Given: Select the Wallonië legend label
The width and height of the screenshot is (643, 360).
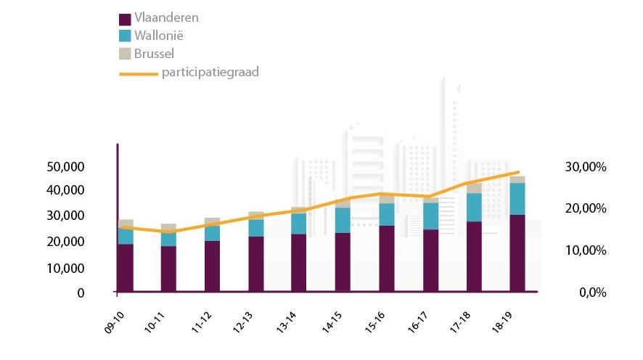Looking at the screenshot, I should coord(157,35).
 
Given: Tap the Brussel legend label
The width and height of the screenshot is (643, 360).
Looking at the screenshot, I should coord(154,53).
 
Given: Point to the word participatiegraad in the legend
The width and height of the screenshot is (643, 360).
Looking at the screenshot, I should coord(210,72).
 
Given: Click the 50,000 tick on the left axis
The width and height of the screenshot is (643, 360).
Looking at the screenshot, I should coord(66,167).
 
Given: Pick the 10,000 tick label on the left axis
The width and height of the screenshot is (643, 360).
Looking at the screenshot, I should coord(66,268).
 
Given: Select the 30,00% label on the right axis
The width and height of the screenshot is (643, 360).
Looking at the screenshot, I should coord(586,167).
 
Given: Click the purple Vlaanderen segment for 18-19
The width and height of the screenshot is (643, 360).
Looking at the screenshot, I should coord(517,253).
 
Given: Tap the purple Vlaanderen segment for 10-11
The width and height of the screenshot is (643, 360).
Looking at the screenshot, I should coord(168,269).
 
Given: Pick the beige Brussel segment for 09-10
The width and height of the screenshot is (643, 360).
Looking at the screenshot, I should coord(126,224).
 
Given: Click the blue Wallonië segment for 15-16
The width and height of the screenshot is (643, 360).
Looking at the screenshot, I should coord(387,214).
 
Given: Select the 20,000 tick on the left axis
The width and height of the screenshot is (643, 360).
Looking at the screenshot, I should coord(66,241).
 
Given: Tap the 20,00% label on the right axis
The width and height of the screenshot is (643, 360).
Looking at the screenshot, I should coord(586,208).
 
